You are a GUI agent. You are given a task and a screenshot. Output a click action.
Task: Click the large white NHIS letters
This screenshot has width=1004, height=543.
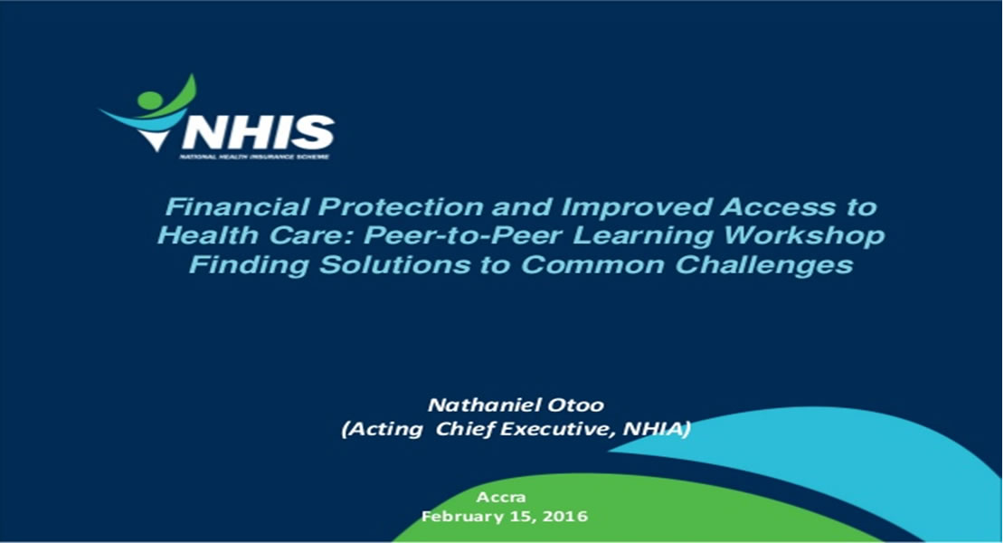pyautogui.click(x=258, y=132)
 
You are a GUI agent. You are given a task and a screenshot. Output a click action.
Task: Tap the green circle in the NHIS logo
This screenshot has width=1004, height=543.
pyautogui.click(x=150, y=100)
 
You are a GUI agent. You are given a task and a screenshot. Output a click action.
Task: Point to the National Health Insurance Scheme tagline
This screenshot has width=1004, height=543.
pyautogui.click(x=254, y=157)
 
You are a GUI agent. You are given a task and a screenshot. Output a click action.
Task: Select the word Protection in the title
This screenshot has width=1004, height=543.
pyautogui.click(x=401, y=207)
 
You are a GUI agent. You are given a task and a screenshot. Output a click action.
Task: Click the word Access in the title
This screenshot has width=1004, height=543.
pyautogui.click(x=777, y=207)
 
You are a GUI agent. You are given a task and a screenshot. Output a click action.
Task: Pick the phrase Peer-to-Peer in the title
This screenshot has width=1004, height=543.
pyautogui.click(x=463, y=235)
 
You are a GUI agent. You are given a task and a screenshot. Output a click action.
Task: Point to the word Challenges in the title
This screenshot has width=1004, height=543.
pyautogui.click(x=763, y=265)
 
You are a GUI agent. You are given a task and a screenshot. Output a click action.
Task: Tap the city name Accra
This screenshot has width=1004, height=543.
pyautogui.click(x=501, y=497)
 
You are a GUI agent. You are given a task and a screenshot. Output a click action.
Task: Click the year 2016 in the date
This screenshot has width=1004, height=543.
pyautogui.click(x=564, y=516)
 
